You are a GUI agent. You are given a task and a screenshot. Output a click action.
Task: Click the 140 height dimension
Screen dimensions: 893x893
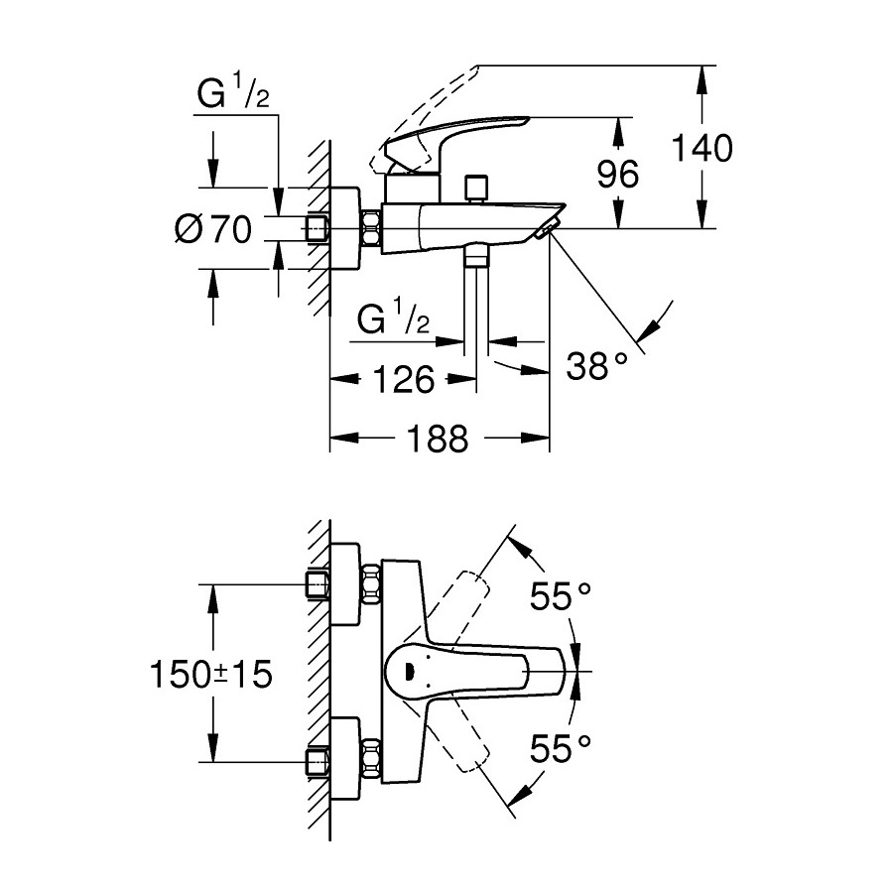(x=702, y=148)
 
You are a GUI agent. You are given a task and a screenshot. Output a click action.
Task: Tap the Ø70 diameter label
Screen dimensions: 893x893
(x=213, y=229)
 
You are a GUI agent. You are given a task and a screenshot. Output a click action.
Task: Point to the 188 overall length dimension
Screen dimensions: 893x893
(x=439, y=438)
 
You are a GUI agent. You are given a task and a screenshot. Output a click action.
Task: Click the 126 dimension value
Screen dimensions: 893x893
(x=403, y=378)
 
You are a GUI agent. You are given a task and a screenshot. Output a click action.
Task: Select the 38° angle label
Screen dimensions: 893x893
(x=597, y=366)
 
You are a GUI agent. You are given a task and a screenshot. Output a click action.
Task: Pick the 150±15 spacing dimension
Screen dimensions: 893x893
(x=211, y=675)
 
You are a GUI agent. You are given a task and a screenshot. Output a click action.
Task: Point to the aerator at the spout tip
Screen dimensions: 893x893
(x=544, y=232)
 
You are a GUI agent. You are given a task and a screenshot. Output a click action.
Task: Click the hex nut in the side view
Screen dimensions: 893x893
(x=373, y=229)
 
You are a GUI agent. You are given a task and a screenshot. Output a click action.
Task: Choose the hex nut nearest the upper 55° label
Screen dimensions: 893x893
(x=372, y=585)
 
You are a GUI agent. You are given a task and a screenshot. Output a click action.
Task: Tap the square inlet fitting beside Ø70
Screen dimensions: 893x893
(x=318, y=229)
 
